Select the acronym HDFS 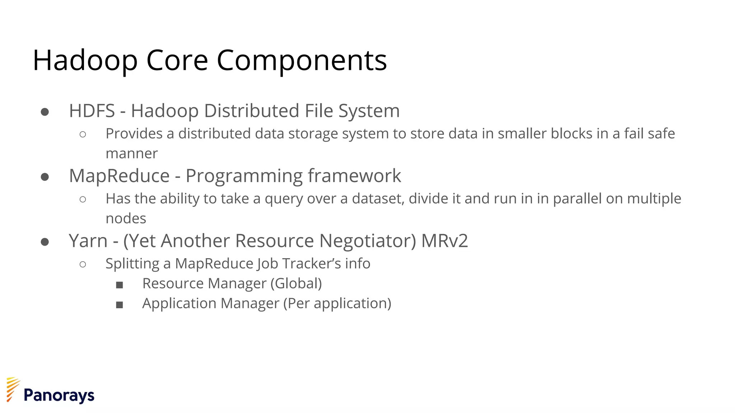(92, 111)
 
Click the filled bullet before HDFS (45, 112)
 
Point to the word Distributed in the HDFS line (252, 111)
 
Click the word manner (132, 154)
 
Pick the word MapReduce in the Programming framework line (119, 176)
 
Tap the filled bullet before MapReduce (45, 177)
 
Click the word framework (354, 176)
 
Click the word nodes (126, 219)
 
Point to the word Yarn (88, 241)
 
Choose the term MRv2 (445, 241)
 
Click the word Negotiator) (368, 241)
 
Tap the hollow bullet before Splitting (83, 265)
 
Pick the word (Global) (296, 284)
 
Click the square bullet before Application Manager (120, 305)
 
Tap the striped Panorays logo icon (13, 389)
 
